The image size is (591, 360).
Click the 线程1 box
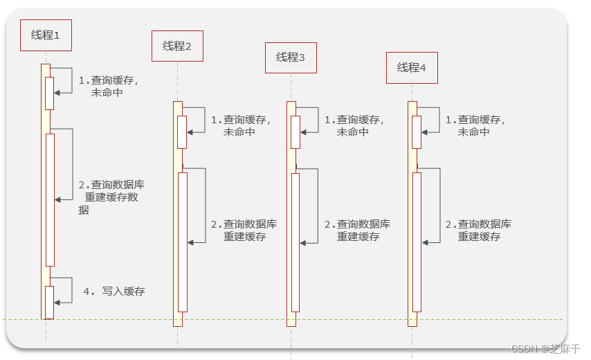tap(46, 35)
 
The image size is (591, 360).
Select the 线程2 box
tap(177, 46)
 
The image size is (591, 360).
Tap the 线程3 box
tap(291, 57)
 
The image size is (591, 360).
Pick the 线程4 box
tap(412, 68)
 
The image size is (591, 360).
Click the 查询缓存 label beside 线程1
tap(109, 86)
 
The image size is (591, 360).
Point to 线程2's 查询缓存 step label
tap(241, 125)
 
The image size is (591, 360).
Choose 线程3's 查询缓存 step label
tap(354, 125)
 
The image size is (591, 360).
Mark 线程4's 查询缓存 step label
tap(475, 125)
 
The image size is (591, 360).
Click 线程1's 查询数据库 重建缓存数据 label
tap(111, 197)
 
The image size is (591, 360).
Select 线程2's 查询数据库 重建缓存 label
tap(244, 231)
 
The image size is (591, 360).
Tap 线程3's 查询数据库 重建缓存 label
tap(357, 231)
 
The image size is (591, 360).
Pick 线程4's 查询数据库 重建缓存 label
tap(478, 231)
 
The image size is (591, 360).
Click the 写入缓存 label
tap(115, 291)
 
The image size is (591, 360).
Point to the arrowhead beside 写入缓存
tap(57, 302)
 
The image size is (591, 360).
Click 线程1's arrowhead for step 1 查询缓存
tap(57, 92)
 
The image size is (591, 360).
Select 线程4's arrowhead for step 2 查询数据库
tap(426, 242)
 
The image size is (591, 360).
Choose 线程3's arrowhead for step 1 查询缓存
tap(304, 131)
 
